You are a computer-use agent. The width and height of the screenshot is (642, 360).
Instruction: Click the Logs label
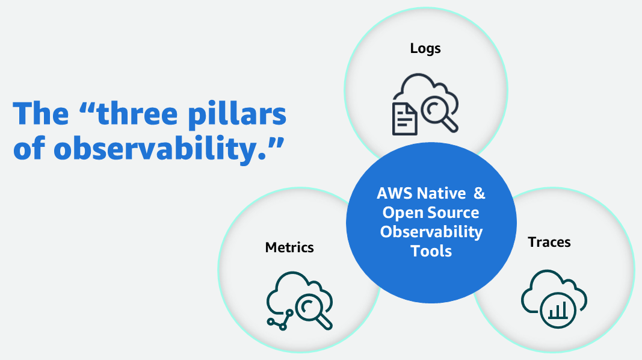pos(425,49)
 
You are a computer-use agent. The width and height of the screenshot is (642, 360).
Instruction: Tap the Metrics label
pos(289,247)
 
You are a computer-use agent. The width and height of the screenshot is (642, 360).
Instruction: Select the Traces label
pos(549,242)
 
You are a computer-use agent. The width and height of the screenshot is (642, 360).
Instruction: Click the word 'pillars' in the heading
pos(237,115)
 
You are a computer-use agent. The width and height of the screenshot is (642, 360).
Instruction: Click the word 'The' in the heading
pos(41,113)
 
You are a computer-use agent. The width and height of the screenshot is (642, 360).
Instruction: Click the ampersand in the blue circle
pos(479,193)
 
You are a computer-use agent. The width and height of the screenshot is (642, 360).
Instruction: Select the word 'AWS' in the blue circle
pos(395,193)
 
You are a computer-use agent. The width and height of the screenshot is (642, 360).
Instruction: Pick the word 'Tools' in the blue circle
pos(431,251)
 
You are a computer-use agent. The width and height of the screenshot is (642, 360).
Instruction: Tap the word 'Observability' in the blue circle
pos(431,232)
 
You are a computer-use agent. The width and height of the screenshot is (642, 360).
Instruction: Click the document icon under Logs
pos(404,119)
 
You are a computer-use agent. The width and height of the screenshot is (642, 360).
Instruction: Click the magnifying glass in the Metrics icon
pos(313,311)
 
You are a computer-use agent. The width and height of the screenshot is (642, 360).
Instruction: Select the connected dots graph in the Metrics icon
pos(280,320)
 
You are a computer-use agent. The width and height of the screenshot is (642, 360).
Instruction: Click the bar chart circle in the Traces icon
pos(558,310)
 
